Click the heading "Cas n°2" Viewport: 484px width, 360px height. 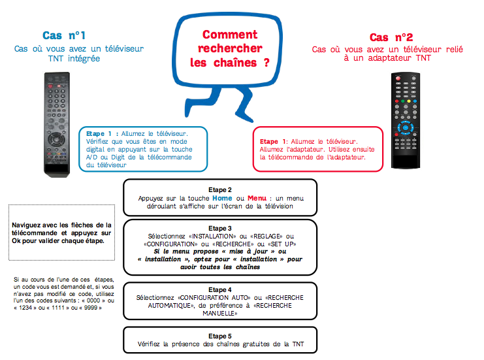[391, 37]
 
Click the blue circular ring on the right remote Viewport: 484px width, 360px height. [405, 127]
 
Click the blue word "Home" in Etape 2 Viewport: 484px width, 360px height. [221, 197]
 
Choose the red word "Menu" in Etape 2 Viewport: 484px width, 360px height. [257, 197]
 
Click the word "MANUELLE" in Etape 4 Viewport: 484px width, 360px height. [220, 313]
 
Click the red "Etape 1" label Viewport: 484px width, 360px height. [273, 141]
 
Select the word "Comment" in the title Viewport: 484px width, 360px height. [229, 35]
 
